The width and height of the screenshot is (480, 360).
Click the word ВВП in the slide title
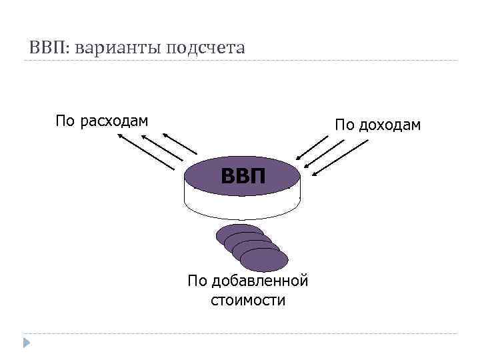point(49,48)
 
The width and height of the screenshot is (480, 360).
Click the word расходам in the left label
point(113,121)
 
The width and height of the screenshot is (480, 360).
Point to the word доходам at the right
point(390,125)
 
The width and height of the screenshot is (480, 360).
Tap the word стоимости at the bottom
point(247,300)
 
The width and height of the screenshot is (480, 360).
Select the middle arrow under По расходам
point(163,147)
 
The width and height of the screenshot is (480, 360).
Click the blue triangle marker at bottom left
point(27,344)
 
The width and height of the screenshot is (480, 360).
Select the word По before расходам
point(65,121)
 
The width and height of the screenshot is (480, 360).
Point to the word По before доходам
point(345,125)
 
